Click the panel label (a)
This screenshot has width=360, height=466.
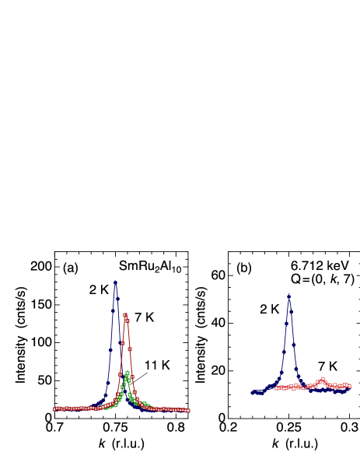pyautogui.click(x=71, y=268)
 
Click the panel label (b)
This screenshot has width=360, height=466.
pyautogui.click(x=244, y=268)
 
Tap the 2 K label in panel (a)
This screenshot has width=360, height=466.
pyautogui.click(x=99, y=289)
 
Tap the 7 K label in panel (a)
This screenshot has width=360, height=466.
pyautogui.click(x=144, y=317)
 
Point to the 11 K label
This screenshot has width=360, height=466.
pyautogui.click(x=156, y=366)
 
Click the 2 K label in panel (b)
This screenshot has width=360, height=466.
pyautogui.click(x=270, y=310)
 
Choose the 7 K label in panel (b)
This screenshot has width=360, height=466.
pyautogui.click(x=328, y=366)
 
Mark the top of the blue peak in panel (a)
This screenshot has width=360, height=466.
pyautogui.click(x=116, y=281)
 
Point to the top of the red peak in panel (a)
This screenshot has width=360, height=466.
pyautogui.click(x=126, y=313)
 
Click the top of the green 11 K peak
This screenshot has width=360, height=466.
pyautogui.click(x=127, y=373)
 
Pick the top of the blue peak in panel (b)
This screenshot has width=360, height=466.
pyautogui.click(x=289, y=299)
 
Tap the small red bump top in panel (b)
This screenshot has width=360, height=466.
pyautogui.click(x=320, y=380)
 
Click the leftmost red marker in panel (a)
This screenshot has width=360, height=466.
pyautogui.click(x=55, y=408)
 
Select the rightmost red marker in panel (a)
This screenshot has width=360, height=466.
pyautogui.click(x=188, y=409)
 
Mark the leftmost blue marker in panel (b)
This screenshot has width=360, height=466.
pyautogui.click(x=253, y=393)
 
